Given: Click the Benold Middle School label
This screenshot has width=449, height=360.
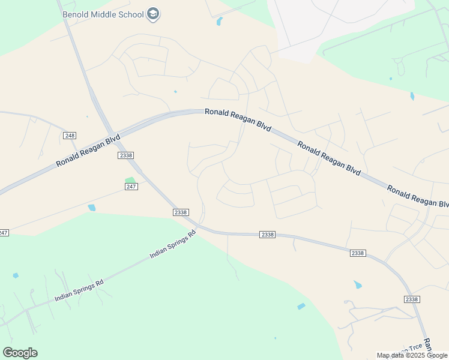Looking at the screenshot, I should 103,13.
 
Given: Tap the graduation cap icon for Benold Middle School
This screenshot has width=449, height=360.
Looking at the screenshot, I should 153,14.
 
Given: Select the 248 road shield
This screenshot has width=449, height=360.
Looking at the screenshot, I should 70,136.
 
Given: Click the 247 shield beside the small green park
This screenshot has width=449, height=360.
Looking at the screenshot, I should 132,187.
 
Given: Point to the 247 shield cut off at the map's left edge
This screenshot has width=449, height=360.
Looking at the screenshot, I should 4,232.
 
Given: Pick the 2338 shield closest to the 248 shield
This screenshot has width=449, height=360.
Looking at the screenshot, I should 125,155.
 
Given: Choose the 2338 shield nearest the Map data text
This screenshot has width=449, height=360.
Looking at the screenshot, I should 411,299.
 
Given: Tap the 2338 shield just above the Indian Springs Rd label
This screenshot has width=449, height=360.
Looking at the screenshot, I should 181,212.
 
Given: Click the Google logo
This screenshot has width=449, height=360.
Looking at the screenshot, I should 20,353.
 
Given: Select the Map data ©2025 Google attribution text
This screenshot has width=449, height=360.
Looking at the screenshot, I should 412,355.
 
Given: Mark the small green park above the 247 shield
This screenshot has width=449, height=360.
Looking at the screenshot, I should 130,179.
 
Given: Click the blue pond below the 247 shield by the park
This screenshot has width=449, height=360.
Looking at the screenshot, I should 91,208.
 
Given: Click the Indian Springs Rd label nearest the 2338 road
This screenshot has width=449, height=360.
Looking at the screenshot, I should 173,245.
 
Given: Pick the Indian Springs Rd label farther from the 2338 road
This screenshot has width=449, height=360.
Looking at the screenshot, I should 79,289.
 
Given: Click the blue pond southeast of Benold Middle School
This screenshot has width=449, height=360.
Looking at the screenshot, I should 219,22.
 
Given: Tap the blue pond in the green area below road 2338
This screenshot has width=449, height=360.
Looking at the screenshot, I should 301,307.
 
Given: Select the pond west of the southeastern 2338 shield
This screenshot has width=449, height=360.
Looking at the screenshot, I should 358,284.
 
